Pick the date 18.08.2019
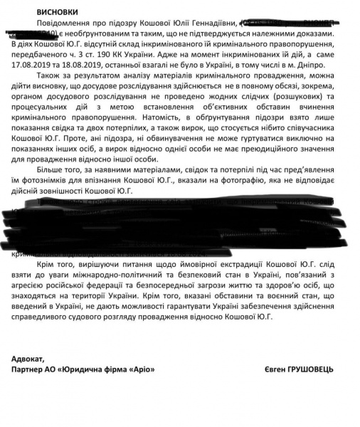105,71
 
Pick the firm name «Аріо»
142,370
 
